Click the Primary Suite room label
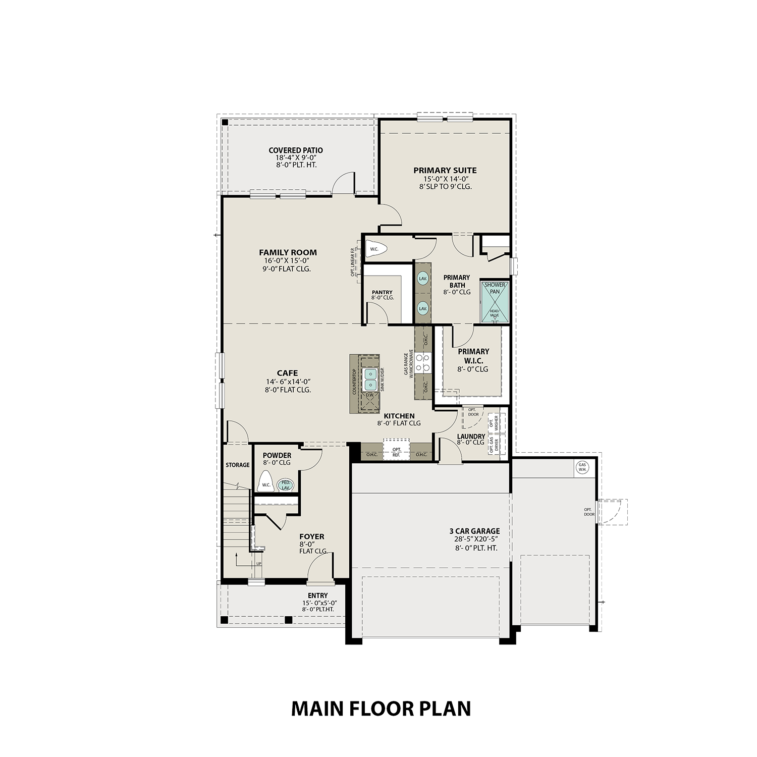445,171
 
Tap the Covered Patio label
295,150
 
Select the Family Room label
288,252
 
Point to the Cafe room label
287,373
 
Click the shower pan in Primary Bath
494,301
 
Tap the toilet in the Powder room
265,482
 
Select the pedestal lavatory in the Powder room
286,485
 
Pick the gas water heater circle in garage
582,467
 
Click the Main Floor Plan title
381,709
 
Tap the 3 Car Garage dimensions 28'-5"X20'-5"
474,539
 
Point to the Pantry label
382,292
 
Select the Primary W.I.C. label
473,356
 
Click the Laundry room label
471,437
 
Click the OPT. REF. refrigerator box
396,452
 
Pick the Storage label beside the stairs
237,465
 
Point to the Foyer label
312,536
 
